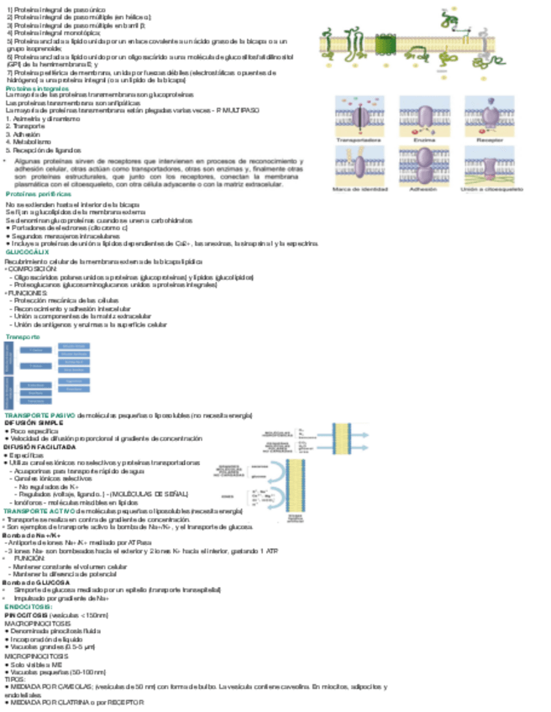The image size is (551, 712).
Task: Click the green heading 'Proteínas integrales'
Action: coord(37,87)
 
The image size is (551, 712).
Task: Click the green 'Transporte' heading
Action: coord(24,336)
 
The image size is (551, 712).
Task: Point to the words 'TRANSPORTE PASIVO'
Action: coord(39,416)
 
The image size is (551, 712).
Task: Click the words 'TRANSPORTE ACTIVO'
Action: coord(39,510)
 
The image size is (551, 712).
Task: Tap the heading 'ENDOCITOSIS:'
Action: coord(29,582)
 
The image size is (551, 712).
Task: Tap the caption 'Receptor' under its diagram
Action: coord(492,139)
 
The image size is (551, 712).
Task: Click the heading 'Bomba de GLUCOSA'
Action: coord(34,558)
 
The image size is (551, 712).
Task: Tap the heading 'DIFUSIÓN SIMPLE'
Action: coord(33,423)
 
